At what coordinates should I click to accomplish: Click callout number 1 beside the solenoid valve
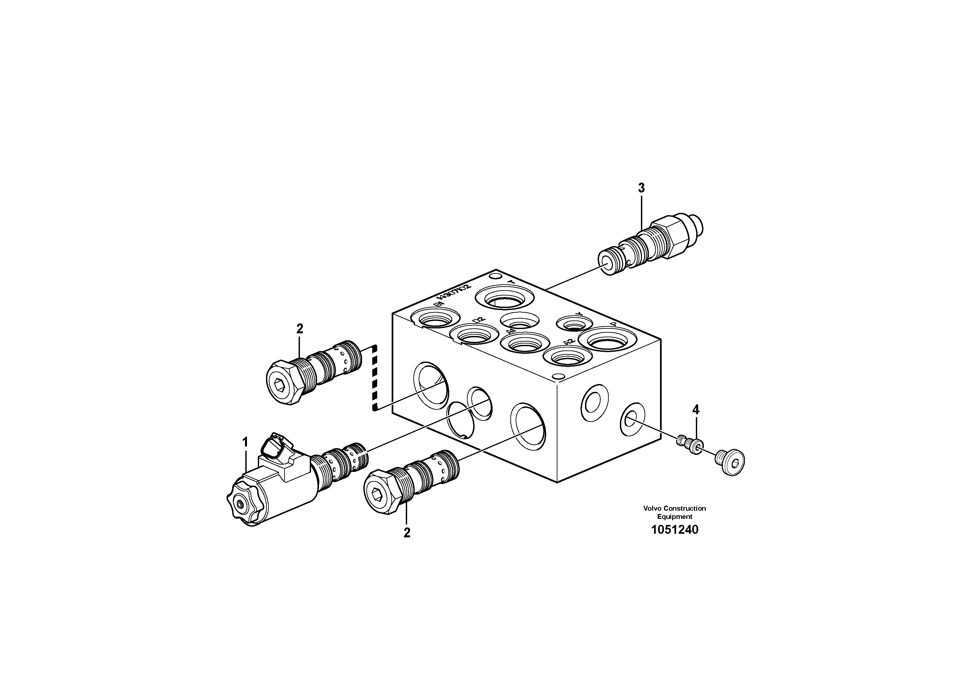pyautogui.click(x=245, y=443)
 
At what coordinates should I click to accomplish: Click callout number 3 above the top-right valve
pyautogui.click(x=641, y=188)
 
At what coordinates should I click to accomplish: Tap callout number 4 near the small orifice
pyautogui.click(x=696, y=410)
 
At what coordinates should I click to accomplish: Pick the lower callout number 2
pyautogui.click(x=407, y=533)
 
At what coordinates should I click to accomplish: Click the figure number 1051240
pyautogui.click(x=674, y=530)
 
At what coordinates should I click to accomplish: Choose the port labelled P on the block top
pyautogui.click(x=607, y=341)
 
